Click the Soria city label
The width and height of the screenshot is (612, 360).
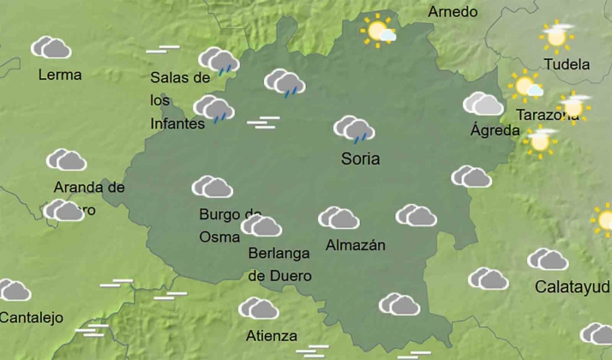[360, 159]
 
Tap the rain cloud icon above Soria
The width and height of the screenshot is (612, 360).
[353, 130]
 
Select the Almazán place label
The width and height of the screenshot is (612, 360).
[356, 245]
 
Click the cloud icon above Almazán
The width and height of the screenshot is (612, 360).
[339, 218]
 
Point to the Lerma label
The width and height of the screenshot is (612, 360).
[60, 75]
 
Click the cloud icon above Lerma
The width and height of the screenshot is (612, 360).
[51, 48]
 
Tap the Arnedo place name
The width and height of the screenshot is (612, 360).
[453, 12]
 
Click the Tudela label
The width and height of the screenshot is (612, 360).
[567, 64]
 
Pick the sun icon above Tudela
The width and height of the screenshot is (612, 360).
[556, 36]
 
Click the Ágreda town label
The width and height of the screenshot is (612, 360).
[495, 130]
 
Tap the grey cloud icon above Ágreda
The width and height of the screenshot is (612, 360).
[483, 105]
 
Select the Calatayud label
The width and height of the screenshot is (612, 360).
[572, 286]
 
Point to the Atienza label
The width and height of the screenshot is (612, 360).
[271, 335]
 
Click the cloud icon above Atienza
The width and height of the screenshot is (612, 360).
[258, 309]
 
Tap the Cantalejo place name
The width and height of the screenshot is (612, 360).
[32, 317]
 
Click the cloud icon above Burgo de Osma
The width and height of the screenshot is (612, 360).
[213, 187]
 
